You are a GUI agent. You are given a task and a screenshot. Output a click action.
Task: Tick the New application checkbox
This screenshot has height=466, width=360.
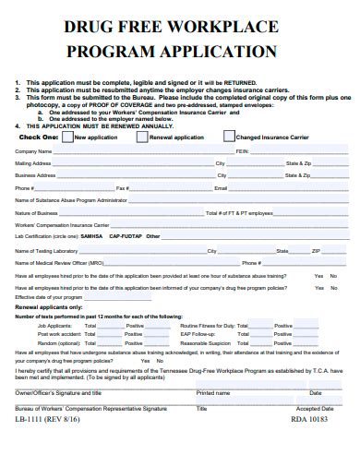pos(66,137)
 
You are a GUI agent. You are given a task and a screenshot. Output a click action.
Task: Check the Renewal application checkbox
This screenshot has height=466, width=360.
pos(141,137)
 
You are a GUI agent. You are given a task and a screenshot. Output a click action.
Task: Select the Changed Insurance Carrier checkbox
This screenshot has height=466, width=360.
pos(215,137)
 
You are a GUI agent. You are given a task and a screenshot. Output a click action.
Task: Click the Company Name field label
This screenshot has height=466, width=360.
pos(33,150)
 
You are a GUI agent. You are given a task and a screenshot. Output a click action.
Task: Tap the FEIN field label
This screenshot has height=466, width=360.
pos(241,150)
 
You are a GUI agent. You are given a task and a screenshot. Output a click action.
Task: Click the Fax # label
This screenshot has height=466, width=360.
pos(121,187)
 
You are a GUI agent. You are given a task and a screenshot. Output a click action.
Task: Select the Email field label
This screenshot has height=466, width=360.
pos(220,187)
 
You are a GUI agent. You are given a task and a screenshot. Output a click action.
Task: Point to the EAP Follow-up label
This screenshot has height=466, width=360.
pos(198,334)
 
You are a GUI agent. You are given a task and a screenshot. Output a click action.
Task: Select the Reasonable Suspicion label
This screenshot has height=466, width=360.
pos(206,342)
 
